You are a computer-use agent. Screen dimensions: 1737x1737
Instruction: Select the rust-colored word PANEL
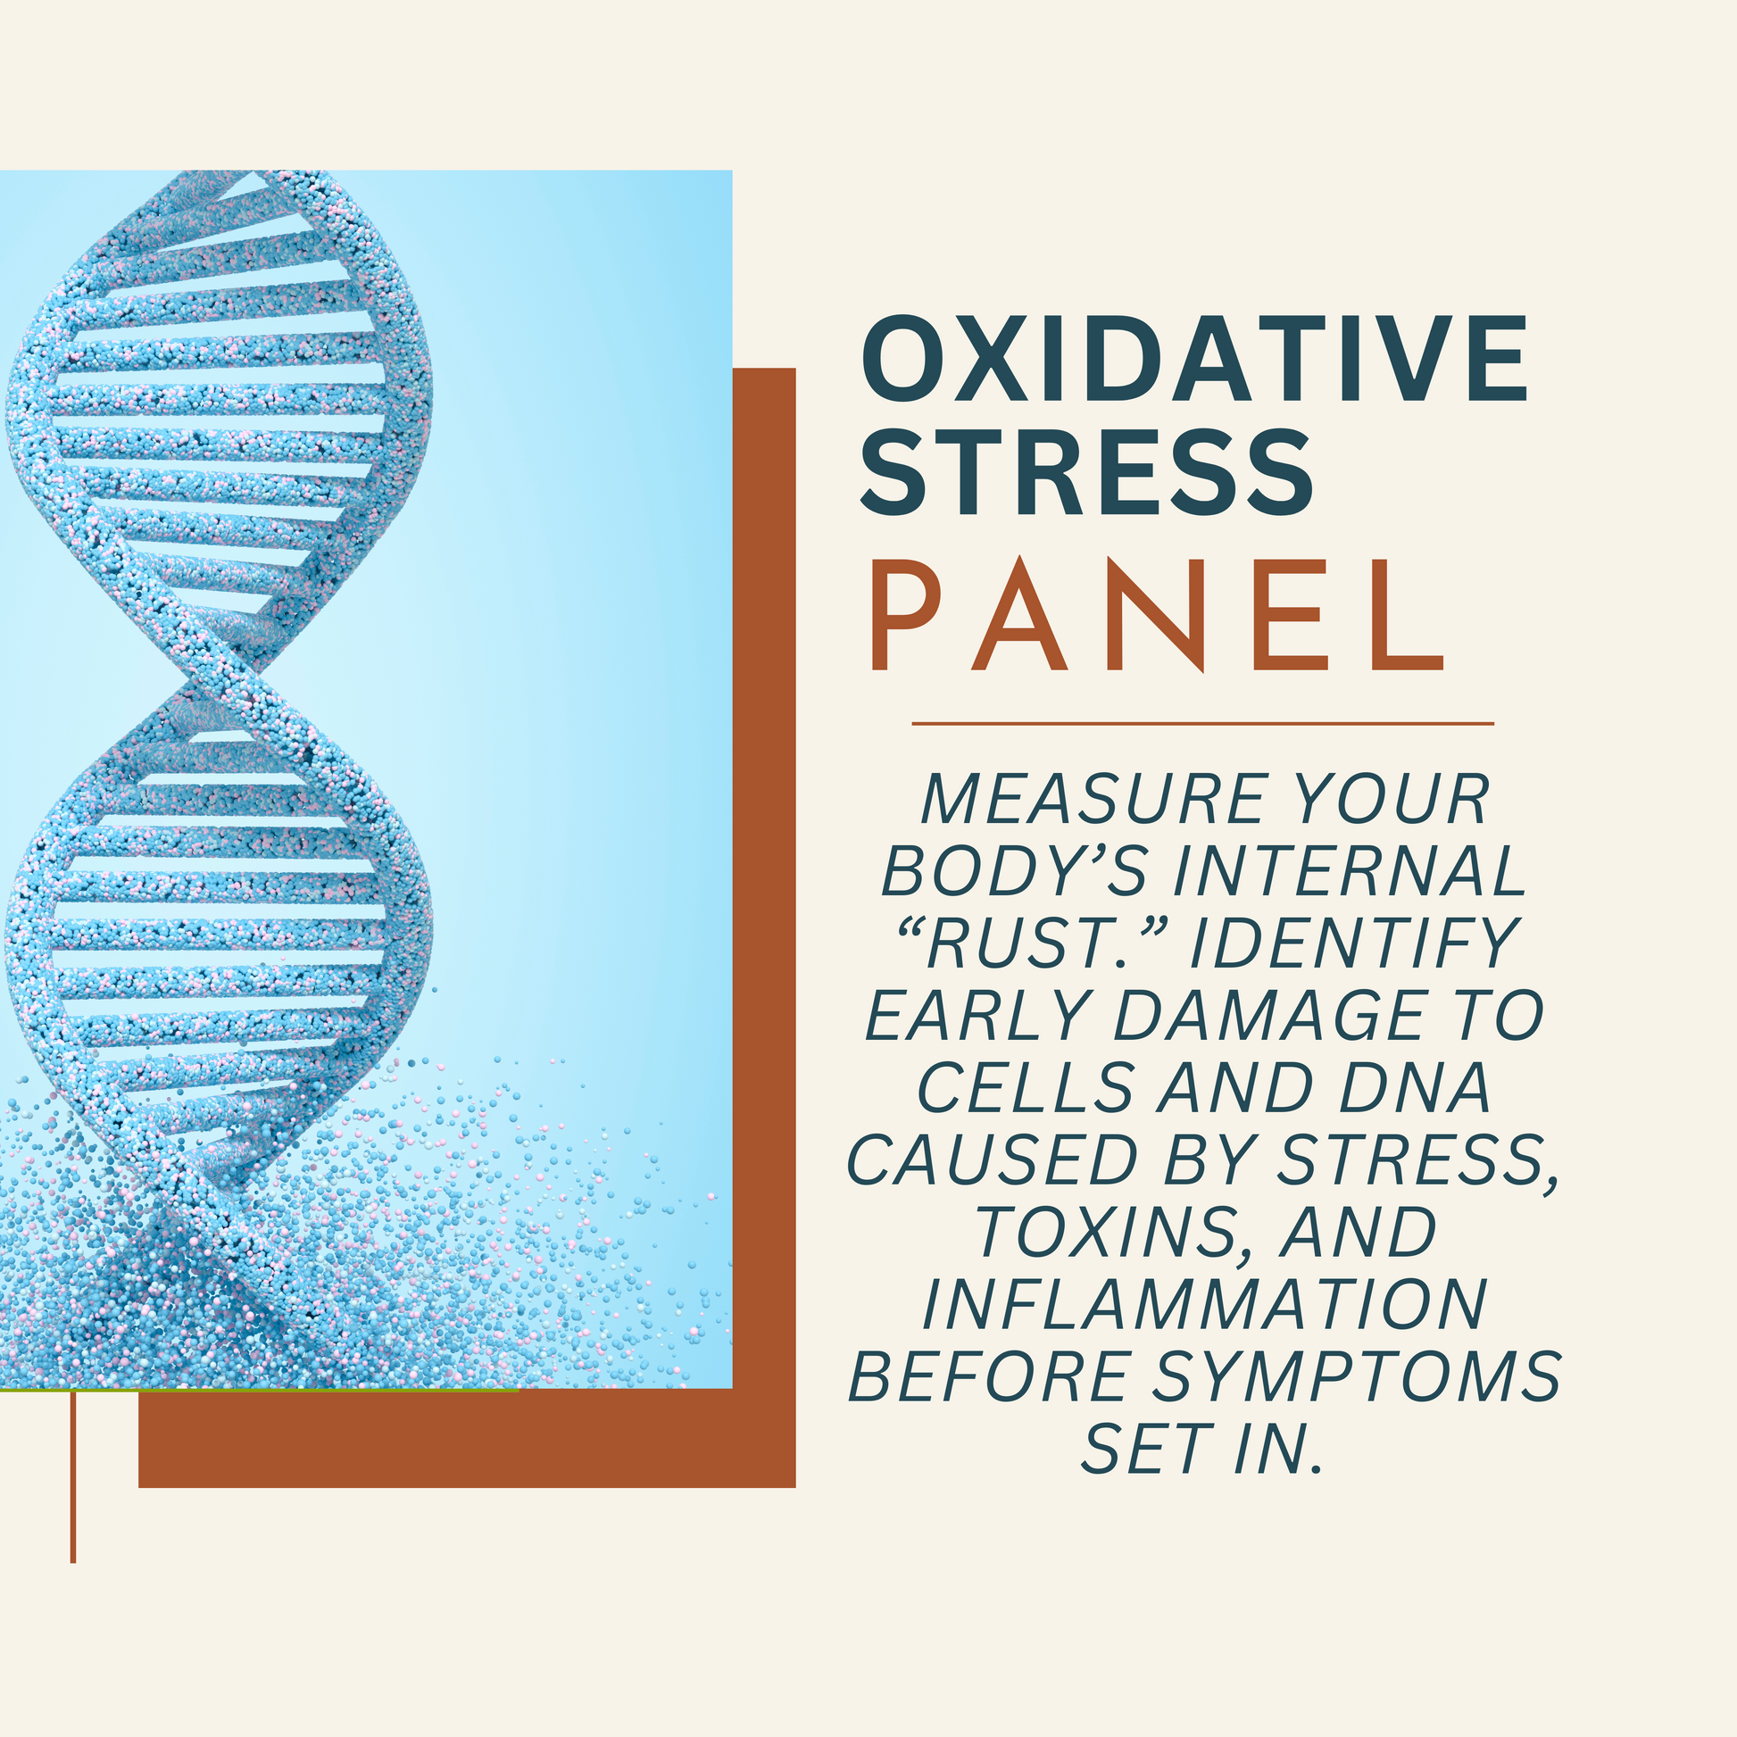[1157, 615]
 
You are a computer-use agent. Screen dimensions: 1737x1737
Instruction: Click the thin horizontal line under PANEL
[1203, 723]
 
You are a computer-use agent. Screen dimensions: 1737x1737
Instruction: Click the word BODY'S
[1014, 870]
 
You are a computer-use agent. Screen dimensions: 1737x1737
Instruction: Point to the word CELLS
[1025, 1087]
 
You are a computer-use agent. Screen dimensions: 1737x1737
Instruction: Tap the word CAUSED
[993, 1159]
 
